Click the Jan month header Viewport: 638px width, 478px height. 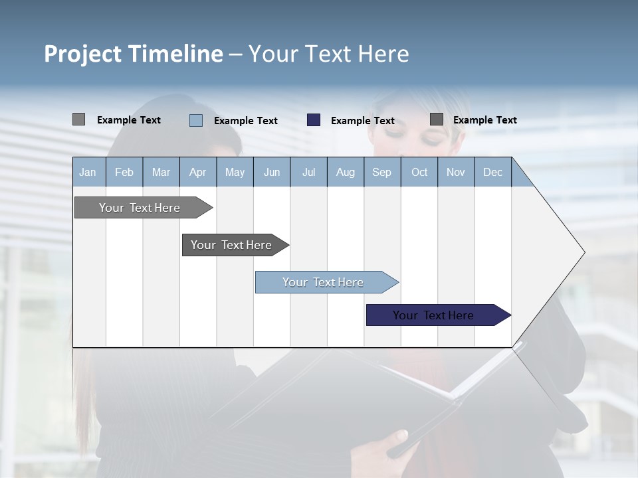[88, 172]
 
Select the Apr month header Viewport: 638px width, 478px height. [198, 172]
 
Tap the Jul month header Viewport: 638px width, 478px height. [308, 172]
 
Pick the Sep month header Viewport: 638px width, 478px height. [381, 172]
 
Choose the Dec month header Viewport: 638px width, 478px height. [492, 172]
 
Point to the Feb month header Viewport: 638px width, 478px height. [124, 172]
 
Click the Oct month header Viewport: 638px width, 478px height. [419, 172]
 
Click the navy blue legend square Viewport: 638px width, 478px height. [314, 120]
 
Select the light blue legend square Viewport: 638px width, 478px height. [196, 120]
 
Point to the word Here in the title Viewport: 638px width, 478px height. [383, 54]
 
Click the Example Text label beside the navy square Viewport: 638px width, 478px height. [363, 121]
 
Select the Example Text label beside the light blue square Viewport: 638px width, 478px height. [246, 121]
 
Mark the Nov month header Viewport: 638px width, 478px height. [456, 172]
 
